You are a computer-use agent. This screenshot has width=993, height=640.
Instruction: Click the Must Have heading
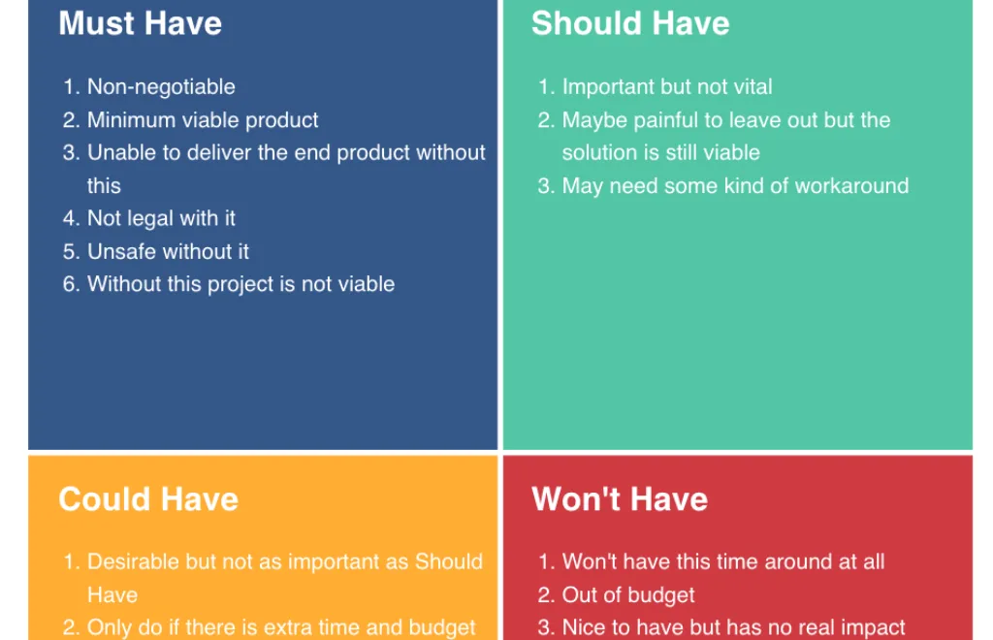tap(140, 23)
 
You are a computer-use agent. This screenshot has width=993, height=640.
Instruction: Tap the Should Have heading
tap(630, 23)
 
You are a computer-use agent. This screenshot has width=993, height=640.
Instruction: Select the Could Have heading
tap(148, 498)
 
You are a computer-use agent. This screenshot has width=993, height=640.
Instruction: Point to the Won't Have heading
tap(620, 498)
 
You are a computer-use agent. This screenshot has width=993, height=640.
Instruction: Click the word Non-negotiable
tap(161, 86)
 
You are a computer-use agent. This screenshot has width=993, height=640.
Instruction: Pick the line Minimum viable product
tap(203, 119)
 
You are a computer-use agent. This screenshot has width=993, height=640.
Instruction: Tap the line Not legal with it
tap(161, 218)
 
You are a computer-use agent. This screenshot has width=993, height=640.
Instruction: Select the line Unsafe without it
tap(168, 251)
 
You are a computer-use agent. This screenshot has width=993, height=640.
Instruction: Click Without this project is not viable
tap(240, 284)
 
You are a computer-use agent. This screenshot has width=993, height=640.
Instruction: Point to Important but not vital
tap(667, 86)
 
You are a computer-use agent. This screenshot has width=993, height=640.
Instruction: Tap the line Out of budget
tap(628, 595)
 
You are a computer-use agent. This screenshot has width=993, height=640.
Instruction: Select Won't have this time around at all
tap(723, 561)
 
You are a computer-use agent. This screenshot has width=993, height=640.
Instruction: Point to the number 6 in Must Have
tap(70, 284)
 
